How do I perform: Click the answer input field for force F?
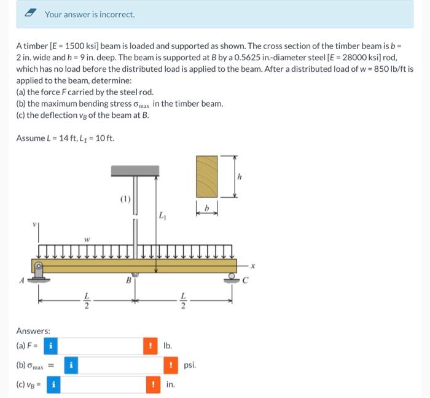[100, 345]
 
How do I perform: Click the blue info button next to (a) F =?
[51, 345]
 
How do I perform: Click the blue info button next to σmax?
[71, 365]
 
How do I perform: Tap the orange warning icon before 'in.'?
[153, 385]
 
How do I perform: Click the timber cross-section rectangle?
[206, 176]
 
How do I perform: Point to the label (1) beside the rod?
[124, 198]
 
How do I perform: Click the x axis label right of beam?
[252, 266]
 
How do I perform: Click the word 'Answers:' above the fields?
[33, 330]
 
